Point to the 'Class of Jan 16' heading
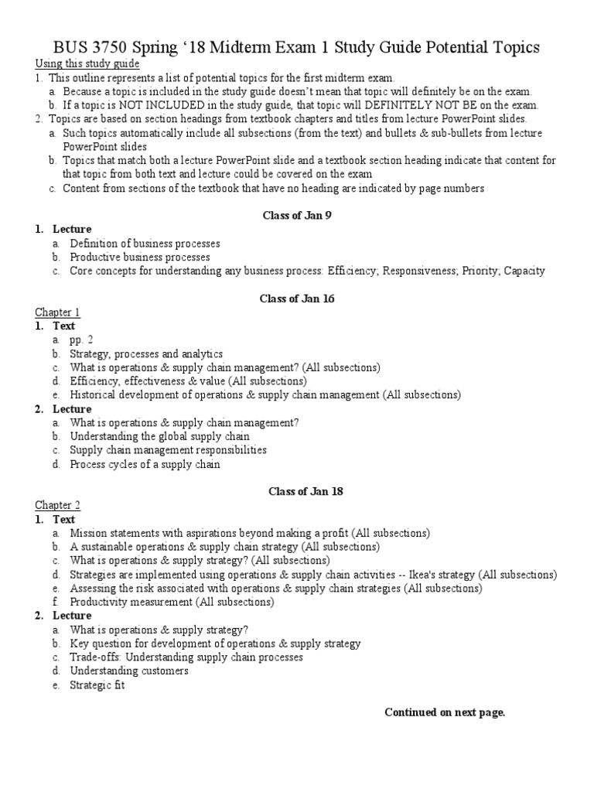coord(296,298)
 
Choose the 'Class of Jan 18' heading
coord(296,490)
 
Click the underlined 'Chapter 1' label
coord(57,312)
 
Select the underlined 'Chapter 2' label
coord(57,505)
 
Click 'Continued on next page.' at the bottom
coord(445,712)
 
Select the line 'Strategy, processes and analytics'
coord(146,353)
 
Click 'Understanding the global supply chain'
coord(159,436)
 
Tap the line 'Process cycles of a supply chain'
coord(145,464)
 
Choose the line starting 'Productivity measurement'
coord(171,602)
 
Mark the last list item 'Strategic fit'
coord(97,685)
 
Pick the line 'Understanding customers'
coord(129,671)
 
